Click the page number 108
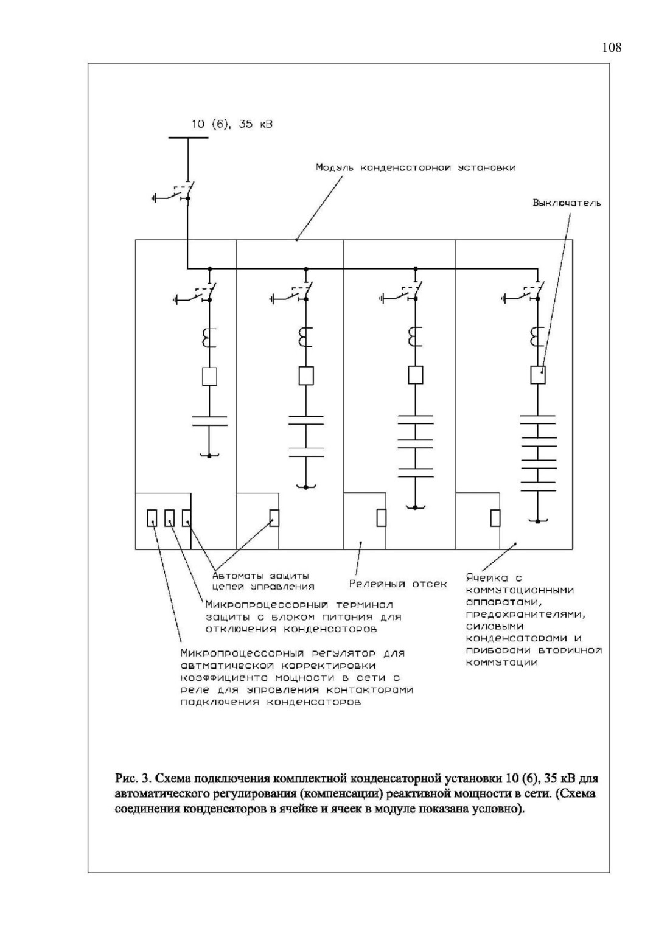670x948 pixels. (x=612, y=47)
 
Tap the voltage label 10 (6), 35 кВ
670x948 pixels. (x=232, y=124)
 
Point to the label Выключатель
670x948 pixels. (x=567, y=203)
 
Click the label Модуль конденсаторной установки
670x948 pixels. (x=416, y=167)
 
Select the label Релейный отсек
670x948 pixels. (x=398, y=584)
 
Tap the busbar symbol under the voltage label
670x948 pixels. (x=189, y=138)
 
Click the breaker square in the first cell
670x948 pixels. (x=209, y=376)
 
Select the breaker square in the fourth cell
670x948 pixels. (x=537, y=375)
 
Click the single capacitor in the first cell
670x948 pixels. (x=209, y=421)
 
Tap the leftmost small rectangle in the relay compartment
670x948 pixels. (x=152, y=518)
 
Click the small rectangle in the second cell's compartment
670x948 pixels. (x=274, y=518)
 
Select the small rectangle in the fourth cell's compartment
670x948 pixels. (x=495, y=518)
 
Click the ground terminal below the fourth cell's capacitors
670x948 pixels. (x=537, y=521)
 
